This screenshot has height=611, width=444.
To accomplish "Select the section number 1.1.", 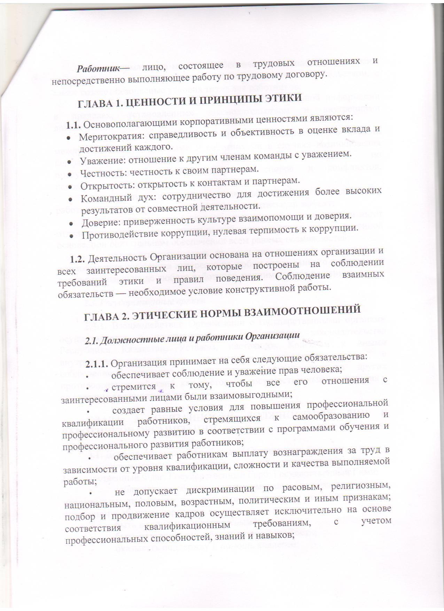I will [74, 124].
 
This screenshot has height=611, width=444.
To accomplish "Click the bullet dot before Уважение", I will [69, 162].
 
